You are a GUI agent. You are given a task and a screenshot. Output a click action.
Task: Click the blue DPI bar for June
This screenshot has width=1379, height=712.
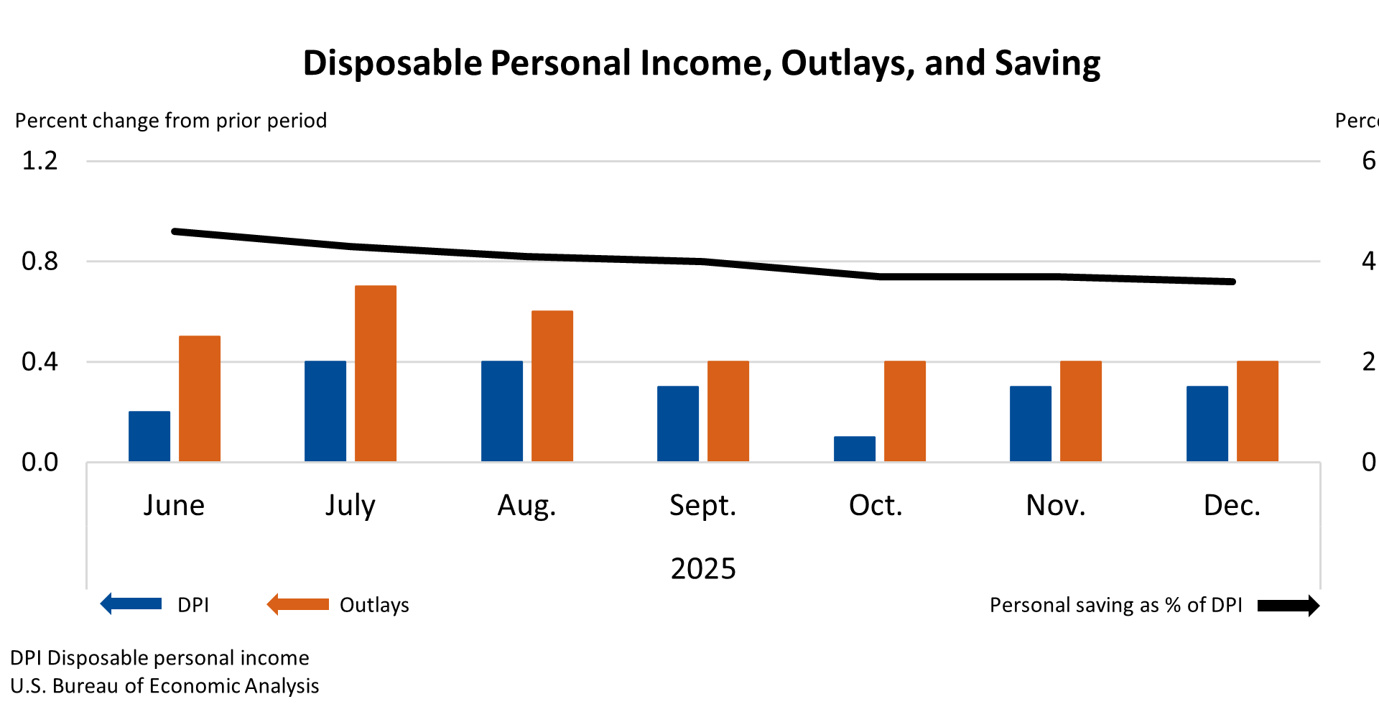(x=149, y=436)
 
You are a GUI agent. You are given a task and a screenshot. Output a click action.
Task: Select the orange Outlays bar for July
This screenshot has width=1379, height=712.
(x=376, y=374)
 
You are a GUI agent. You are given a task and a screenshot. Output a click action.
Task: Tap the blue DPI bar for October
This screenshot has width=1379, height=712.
(x=855, y=449)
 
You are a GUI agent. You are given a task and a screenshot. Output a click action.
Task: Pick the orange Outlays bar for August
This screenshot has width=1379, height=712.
(x=552, y=386)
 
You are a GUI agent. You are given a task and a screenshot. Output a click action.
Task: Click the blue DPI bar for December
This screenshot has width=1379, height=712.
(x=1207, y=424)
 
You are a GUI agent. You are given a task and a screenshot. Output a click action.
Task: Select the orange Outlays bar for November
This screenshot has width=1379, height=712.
(x=1081, y=411)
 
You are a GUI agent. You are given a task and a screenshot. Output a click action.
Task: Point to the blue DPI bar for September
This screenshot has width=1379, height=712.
(x=678, y=424)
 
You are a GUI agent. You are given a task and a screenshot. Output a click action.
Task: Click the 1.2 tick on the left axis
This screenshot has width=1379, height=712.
(x=40, y=161)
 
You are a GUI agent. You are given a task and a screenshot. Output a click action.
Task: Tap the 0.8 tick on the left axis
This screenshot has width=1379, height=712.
(x=40, y=261)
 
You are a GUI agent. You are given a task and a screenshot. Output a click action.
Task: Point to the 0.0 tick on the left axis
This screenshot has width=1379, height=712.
(x=40, y=462)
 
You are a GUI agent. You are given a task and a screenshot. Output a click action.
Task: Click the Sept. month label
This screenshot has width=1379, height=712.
(x=702, y=505)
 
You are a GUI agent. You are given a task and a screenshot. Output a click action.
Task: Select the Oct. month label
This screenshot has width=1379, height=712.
(x=875, y=505)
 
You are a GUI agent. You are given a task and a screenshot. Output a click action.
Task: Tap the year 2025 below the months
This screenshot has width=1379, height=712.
(x=703, y=568)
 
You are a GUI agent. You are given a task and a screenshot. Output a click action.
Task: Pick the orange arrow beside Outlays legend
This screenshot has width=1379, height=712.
(x=298, y=604)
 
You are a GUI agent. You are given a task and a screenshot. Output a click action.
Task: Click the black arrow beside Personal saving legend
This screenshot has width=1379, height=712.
(x=1289, y=606)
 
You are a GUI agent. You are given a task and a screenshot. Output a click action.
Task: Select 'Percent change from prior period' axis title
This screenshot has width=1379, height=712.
(x=171, y=120)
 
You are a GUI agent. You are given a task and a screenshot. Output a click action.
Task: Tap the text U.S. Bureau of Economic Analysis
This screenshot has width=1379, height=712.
(x=164, y=685)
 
